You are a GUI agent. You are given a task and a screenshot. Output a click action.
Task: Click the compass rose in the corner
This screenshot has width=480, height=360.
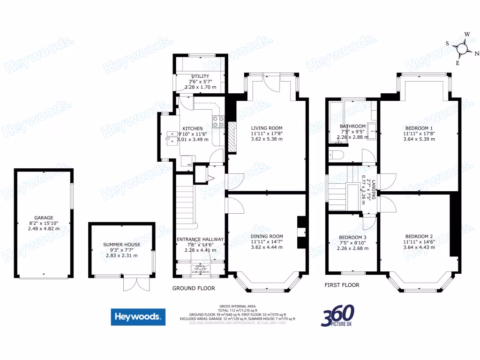point(462,48)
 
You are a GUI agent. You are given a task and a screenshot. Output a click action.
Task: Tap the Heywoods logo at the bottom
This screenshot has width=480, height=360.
point(138,317)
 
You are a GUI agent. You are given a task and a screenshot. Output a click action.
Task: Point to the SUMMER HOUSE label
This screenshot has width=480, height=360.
point(121,245)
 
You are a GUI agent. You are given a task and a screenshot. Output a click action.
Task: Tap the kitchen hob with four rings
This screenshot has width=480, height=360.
point(218,122)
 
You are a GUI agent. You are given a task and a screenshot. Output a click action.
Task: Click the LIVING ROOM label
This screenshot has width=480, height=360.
point(266,128)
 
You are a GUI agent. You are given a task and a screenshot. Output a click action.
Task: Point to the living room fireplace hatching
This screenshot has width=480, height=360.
point(232,137)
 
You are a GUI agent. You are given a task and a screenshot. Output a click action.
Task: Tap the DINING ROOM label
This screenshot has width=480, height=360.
point(266,236)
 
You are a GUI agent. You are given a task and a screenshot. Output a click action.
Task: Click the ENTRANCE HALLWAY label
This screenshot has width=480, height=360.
point(200,239)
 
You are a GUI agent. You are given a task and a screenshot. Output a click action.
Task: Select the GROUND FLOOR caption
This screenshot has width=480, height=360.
point(194,288)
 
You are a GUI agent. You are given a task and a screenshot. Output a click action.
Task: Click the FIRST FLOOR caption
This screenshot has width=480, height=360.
point(342,285)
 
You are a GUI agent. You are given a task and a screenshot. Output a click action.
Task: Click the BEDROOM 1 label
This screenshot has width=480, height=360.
point(419,127)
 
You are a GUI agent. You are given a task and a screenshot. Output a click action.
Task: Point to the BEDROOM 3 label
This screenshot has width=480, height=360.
point(352,237)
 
